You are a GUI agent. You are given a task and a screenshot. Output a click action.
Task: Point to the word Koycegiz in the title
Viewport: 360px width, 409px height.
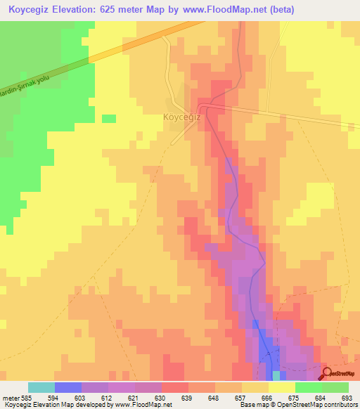tap(32, 10)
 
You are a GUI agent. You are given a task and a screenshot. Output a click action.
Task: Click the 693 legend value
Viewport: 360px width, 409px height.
tap(345, 397)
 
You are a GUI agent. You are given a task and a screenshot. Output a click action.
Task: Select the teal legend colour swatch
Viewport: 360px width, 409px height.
tap(41, 387)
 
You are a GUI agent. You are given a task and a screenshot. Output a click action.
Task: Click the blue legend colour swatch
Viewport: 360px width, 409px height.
tap(68, 387)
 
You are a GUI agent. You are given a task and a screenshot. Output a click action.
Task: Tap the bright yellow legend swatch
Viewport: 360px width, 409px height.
tap(282, 387)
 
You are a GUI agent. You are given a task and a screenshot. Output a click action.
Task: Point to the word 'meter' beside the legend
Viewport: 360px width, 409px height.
tap(11, 397)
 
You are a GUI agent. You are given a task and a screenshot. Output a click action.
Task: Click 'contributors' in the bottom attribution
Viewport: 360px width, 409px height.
tap(339, 405)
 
